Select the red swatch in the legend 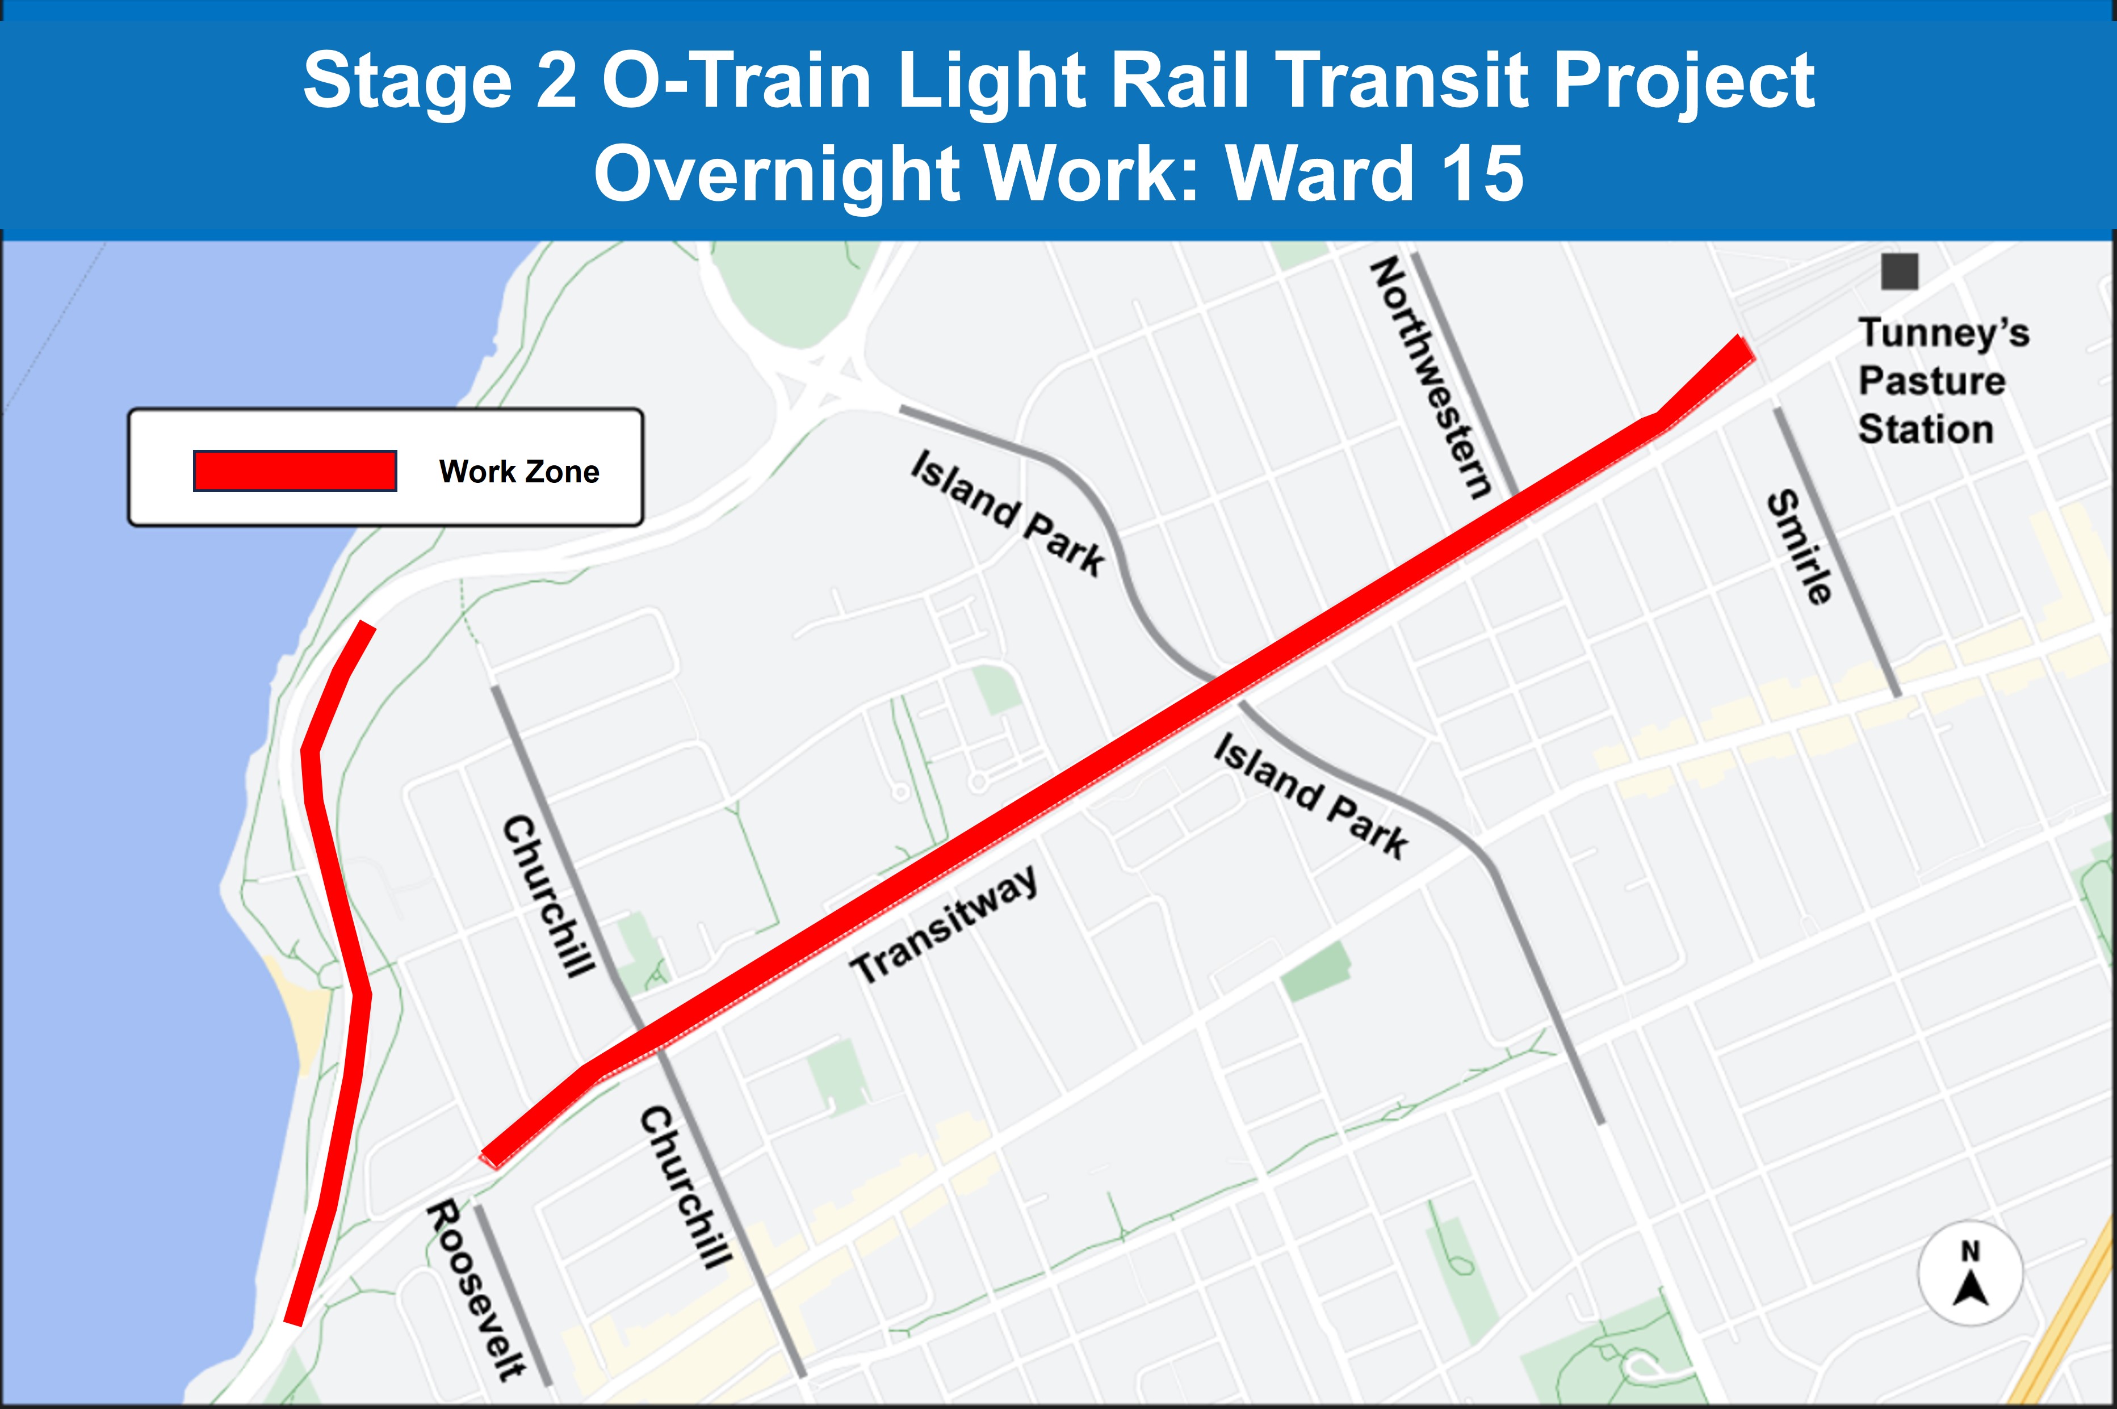(x=295, y=471)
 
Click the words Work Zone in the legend (x=519, y=472)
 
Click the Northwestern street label (x=1430, y=377)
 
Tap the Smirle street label (x=1798, y=547)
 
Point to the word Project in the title (x=1683, y=81)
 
